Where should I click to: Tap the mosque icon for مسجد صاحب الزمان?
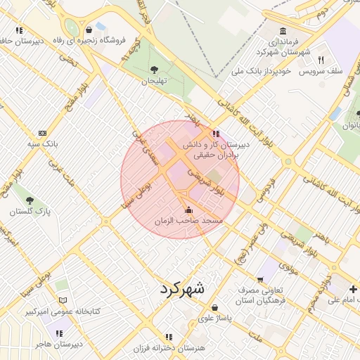point(188,210)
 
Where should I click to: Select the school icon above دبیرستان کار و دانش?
point(215,133)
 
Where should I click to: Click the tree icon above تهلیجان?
point(154,70)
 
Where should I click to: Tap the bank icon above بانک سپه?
point(42,133)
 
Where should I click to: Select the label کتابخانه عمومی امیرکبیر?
point(63,311)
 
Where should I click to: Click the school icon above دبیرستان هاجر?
point(59,333)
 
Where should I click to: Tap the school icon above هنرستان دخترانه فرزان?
point(168,337)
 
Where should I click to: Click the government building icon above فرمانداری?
point(282,32)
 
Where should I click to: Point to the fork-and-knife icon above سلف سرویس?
point(321,60)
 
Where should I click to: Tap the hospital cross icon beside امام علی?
point(352,289)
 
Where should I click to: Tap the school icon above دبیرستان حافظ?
point(19,30)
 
